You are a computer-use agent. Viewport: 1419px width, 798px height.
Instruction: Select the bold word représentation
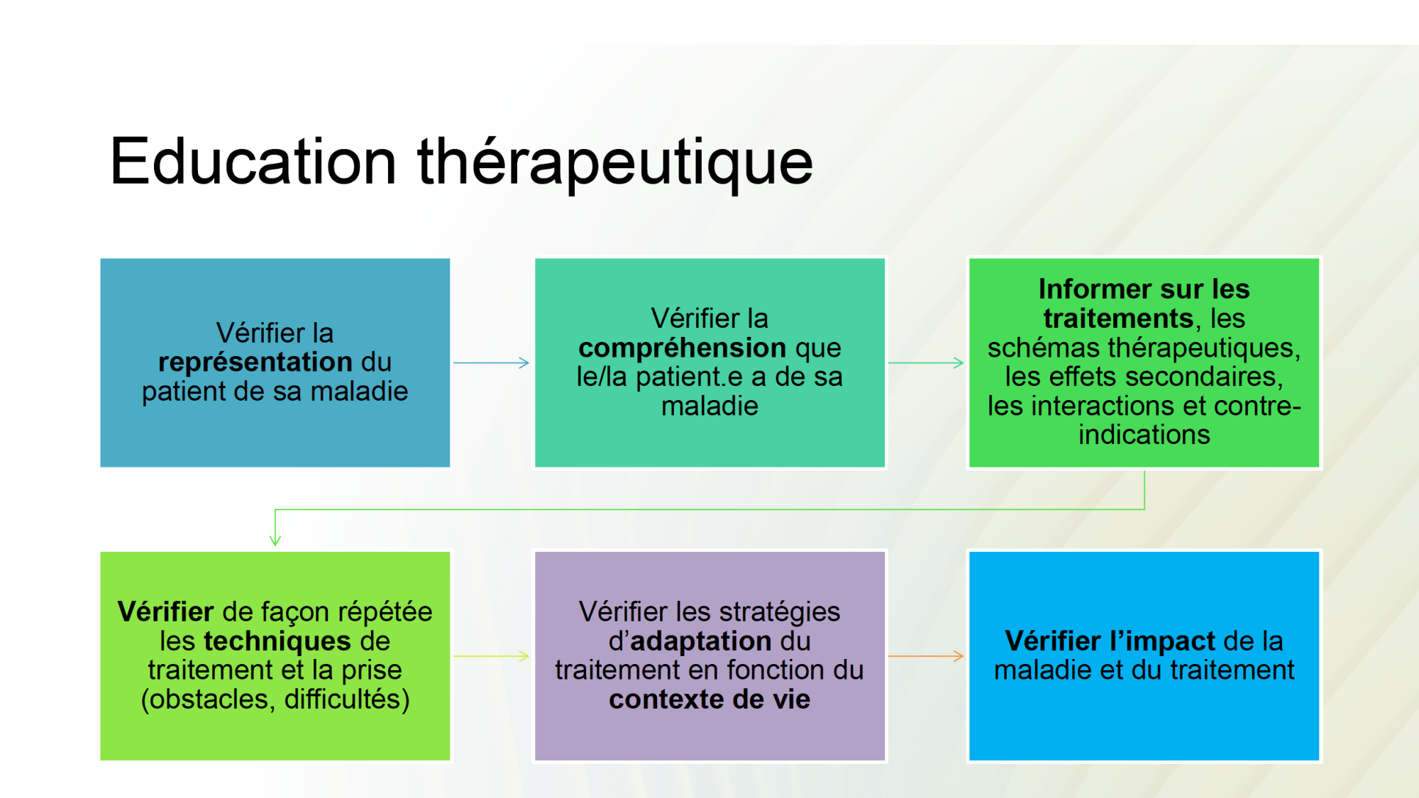[255, 362]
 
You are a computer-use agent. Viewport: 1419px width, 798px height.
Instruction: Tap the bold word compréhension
[682, 348]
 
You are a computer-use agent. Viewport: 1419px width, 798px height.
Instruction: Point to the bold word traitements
[1118, 319]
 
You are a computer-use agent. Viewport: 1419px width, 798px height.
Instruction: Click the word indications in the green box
[1144, 435]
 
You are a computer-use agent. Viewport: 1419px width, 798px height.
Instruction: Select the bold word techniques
[277, 641]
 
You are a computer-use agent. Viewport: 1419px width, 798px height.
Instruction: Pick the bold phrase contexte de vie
[709, 699]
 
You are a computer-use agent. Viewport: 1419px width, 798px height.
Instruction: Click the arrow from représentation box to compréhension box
[491, 362]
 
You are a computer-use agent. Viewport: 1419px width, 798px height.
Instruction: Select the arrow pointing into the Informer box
[925, 362]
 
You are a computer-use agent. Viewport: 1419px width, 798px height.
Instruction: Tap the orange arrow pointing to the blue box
[925, 656]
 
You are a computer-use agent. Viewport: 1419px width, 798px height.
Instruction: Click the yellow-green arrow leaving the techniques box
[491, 656]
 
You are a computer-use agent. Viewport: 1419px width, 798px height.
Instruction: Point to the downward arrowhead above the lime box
[275, 540]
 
